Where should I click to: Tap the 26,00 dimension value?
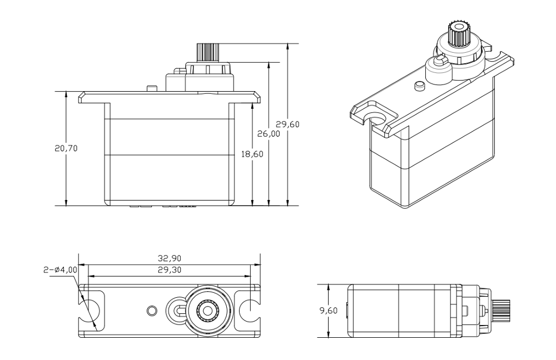[x=268, y=134]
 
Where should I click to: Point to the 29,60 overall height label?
[x=287, y=124]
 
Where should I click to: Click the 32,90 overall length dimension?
[x=170, y=258]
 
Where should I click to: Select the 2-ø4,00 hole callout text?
[x=59, y=270]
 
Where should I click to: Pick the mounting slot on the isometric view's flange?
[x=379, y=119]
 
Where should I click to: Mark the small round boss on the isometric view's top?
[x=420, y=86]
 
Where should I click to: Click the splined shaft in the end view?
[x=503, y=311]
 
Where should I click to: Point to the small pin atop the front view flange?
[x=150, y=89]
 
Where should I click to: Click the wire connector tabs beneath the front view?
[x=164, y=207]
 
